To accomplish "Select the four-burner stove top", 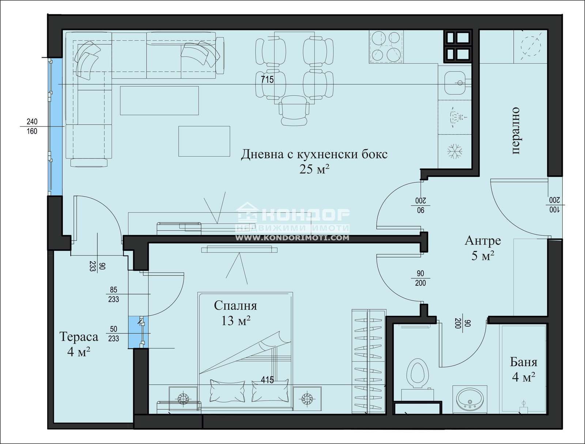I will point(386,46).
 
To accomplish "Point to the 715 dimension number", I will point(267,79).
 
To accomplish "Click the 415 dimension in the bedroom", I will point(267,380).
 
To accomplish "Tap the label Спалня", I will point(235,306).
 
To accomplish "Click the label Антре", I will point(483,241).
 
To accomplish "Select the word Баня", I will point(524,362).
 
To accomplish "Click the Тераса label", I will point(79,337).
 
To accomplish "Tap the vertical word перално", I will point(515,130).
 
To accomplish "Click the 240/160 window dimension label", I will point(32,126).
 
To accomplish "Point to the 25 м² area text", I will point(314,169).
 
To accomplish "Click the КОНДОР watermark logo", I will point(292,216).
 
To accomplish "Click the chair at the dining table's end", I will point(293,111).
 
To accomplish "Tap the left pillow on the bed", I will point(227,390).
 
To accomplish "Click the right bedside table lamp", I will point(307,398).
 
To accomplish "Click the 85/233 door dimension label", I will point(113,295).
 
